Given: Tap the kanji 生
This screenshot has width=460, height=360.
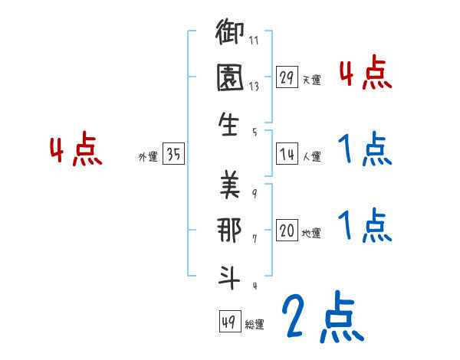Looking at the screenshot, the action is tap(230, 126).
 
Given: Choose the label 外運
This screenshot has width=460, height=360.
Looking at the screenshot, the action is tap(148, 157).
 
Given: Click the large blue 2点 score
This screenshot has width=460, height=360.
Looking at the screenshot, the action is tap(320, 317).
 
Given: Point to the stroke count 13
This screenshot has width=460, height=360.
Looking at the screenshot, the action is tap(254, 87).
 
